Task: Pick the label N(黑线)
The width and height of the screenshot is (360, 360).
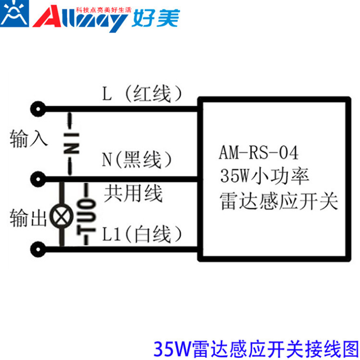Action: coord(137,159)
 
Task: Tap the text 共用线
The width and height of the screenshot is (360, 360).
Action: coord(133,194)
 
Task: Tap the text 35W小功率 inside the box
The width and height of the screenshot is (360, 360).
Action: coord(264,175)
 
